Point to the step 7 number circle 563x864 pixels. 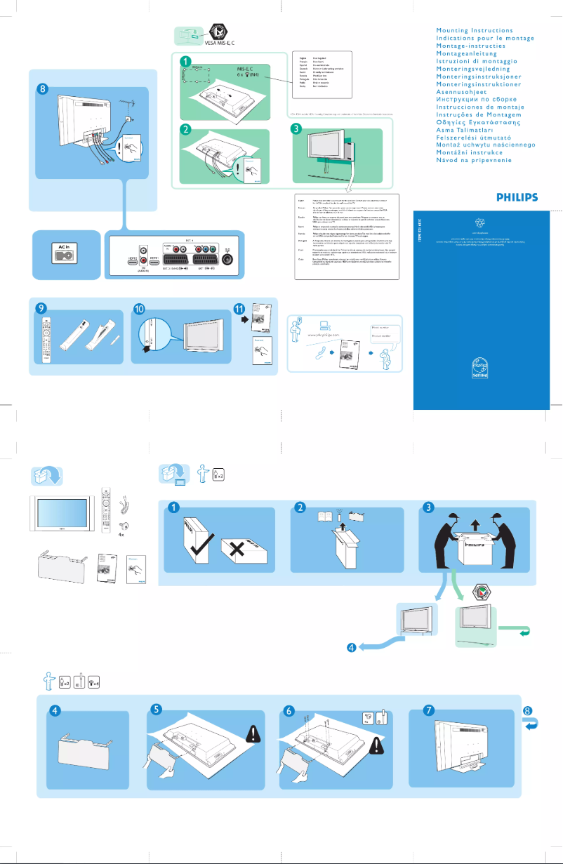[428, 710]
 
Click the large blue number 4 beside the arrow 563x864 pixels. [350, 646]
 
